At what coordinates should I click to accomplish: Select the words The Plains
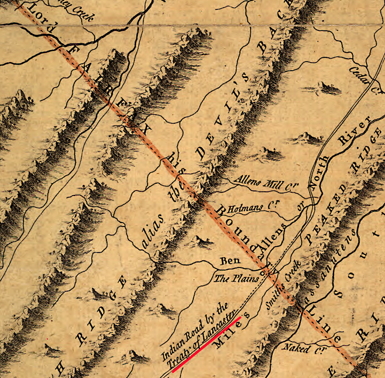pos(237,279)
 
